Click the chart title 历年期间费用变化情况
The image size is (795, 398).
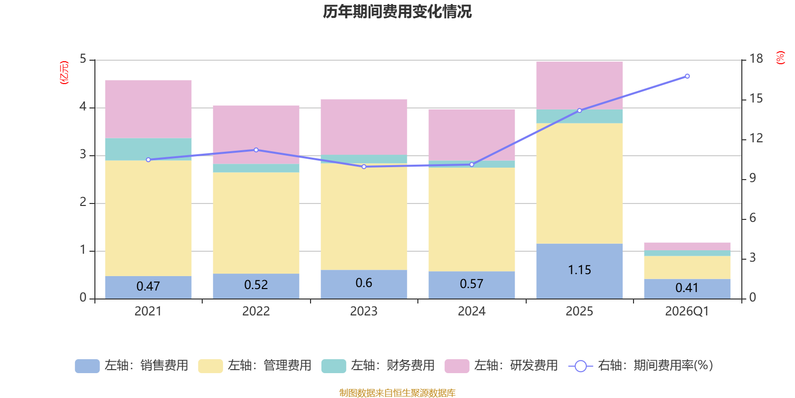tap(397, 12)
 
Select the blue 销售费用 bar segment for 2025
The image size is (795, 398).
tap(579, 271)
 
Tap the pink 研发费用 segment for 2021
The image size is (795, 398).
tap(149, 109)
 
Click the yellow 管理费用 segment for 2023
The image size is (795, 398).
tap(364, 217)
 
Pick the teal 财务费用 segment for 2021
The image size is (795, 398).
tap(149, 149)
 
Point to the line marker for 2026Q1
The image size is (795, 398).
tap(687, 77)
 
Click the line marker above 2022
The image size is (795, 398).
tap(256, 150)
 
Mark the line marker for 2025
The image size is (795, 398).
tap(579, 110)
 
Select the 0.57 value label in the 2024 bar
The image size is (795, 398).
tap(472, 284)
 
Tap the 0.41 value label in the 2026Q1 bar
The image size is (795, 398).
tap(687, 288)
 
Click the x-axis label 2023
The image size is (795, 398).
tap(364, 311)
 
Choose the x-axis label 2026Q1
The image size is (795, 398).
tap(687, 311)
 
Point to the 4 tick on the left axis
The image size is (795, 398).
tap(83, 106)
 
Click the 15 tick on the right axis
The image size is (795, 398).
tap(756, 99)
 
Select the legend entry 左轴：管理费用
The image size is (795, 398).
tap(255, 366)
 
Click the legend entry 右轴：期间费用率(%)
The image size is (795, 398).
tap(641, 366)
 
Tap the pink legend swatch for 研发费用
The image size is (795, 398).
tap(457, 366)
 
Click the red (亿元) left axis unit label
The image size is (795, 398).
tap(64, 73)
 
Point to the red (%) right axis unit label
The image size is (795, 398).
tap(780, 58)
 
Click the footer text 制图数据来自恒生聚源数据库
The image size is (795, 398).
tap(397, 393)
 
